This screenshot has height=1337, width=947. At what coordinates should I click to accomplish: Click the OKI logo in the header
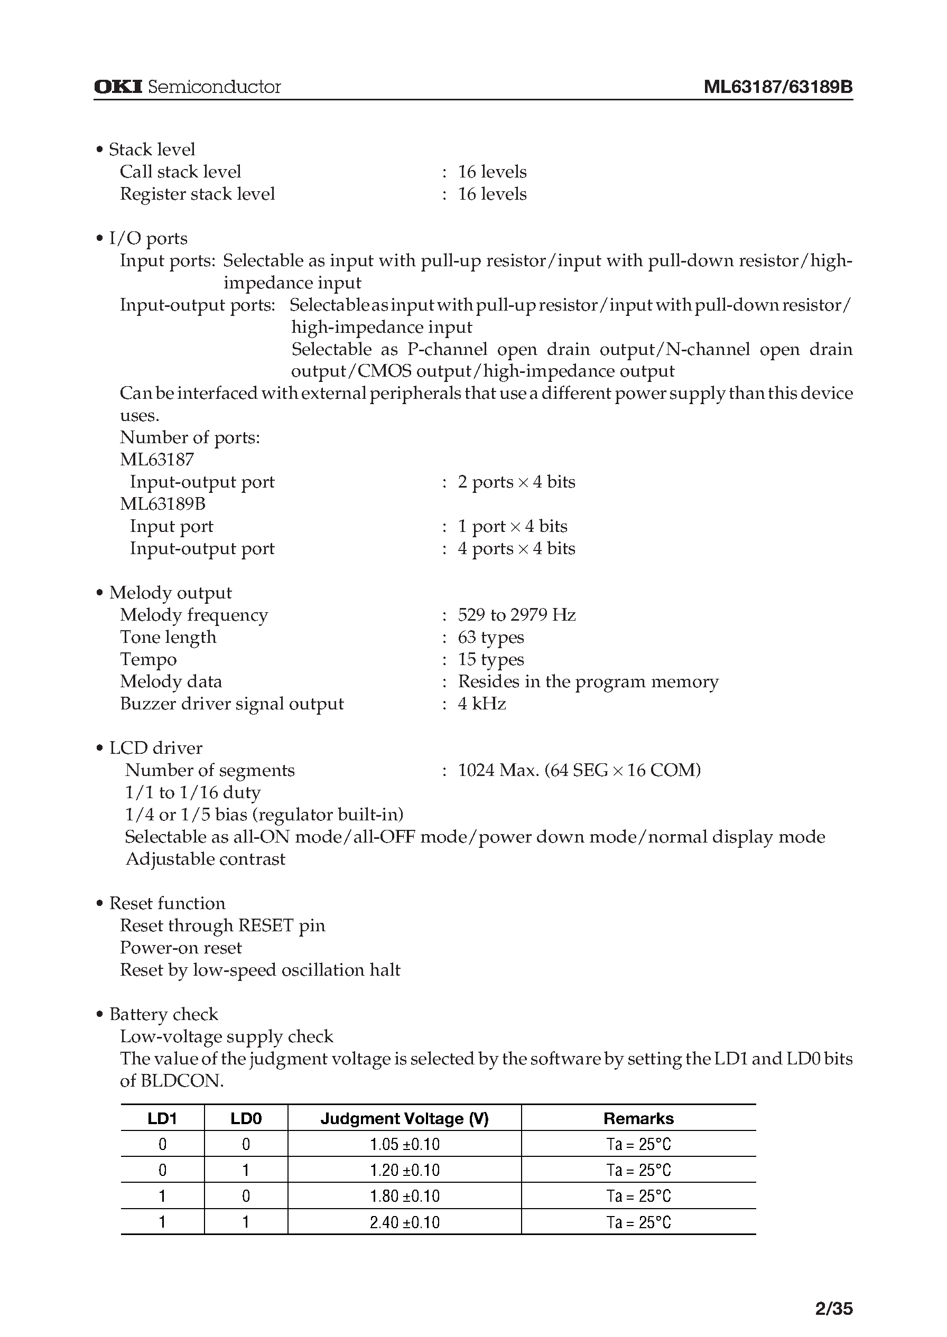[x=118, y=87]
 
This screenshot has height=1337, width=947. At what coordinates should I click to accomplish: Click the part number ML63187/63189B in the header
[x=778, y=87]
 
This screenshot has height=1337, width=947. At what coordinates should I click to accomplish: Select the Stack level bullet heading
[x=152, y=150]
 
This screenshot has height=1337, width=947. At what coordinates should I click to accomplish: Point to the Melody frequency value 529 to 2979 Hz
[x=516, y=615]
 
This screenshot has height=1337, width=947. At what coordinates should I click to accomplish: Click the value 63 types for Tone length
[x=490, y=637]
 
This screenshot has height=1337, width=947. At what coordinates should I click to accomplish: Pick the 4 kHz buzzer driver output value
[x=481, y=704]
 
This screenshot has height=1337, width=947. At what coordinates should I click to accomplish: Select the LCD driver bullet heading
[x=155, y=748]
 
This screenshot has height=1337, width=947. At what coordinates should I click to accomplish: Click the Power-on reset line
[x=181, y=948]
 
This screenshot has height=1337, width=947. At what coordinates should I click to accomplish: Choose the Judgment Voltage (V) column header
[x=404, y=1118]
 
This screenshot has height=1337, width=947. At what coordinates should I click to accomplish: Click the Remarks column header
[x=638, y=1118]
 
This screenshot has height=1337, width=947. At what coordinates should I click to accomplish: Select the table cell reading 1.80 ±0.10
[x=404, y=1196]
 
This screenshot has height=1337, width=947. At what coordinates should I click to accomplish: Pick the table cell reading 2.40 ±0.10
[x=404, y=1222]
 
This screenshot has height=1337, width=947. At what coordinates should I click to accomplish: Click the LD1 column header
[x=162, y=1118]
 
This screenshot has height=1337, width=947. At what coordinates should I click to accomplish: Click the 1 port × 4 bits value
[x=512, y=526]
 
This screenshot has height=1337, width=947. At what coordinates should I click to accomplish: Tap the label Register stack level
[x=197, y=194]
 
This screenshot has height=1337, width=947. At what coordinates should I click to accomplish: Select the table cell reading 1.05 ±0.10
[x=404, y=1145]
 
